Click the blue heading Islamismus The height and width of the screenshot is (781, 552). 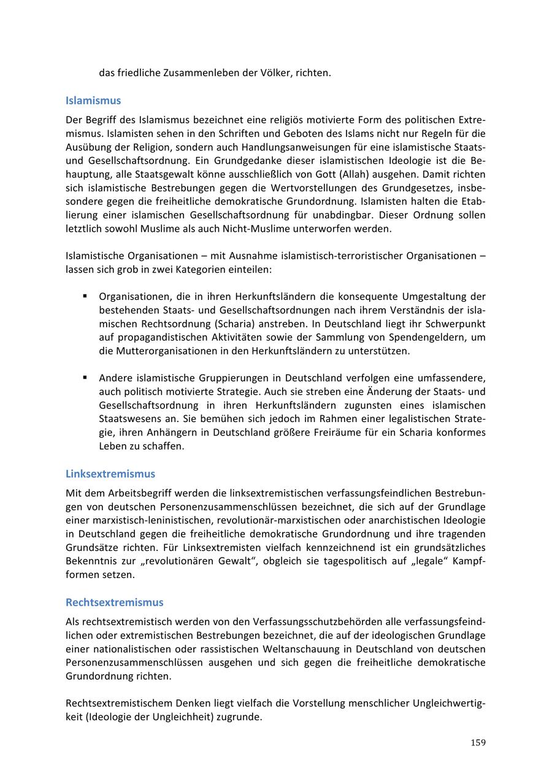pyautogui.click(x=93, y=101)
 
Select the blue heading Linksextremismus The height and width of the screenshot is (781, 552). pyautogui.click(x=110, y=474)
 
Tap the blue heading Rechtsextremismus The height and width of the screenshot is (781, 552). pyautogui.click(x=115, y=602)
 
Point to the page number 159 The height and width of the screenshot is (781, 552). pyautogui.click(x=478, y=743)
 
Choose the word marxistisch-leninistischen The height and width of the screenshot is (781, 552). pyautogui.click(x=139, y=520)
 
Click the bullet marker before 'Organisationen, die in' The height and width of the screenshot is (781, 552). pyautogui.click(x=85, y=296)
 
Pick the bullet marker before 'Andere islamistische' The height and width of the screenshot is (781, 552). pyautogui.click(x=85, y=377)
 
